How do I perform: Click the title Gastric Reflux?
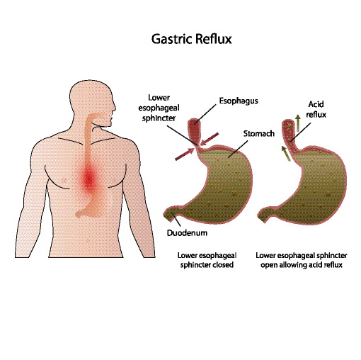tap(191, 39)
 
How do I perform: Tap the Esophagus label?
tap(239, 101)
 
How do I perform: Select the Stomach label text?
tap(259, 133)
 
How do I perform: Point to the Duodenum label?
tap(187, 233)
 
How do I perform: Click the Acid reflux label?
tap(316, 109)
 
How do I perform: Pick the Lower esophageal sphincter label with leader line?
tap(159, 108)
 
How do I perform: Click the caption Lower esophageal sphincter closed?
tap(207, 260)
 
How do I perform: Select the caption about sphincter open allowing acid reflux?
tap(302, 260)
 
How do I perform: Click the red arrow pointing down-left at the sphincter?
tap(210, 139)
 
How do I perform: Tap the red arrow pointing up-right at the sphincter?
tap(185, 154)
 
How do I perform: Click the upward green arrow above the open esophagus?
tap(298, 123)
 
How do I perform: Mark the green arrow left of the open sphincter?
tap(286, 153)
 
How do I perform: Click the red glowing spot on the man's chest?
tap(89, 178)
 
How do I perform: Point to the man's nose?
tap(114, 108)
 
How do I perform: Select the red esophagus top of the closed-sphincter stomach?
tap(195, 130)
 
